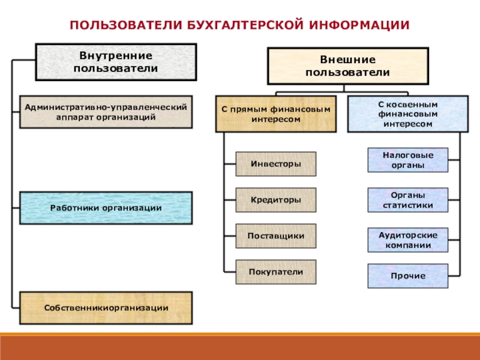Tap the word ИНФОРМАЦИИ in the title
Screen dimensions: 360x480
pos(359,25)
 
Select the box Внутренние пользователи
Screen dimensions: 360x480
pos(116,62)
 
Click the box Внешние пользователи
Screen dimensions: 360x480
pos(347,66)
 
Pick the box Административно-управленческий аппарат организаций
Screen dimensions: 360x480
pos(106,112)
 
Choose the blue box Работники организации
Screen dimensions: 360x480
pos(106,208)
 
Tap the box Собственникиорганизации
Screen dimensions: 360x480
pos(106,308)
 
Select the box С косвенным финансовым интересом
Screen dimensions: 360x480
pos(407,113)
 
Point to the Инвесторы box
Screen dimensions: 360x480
pos(275,163)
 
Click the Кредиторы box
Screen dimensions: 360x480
pos(275,200)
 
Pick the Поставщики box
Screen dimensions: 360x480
pos(275,236)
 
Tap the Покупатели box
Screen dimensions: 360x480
pos(275,272)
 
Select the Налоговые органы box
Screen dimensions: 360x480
pos(407,160)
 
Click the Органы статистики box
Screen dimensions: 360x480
pos(407,200)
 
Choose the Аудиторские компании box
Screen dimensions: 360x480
pos(407,240)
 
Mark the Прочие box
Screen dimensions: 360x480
pos(407,275)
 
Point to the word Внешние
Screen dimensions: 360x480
pos(347,60)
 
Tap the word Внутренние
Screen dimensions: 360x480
pos(116,56)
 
